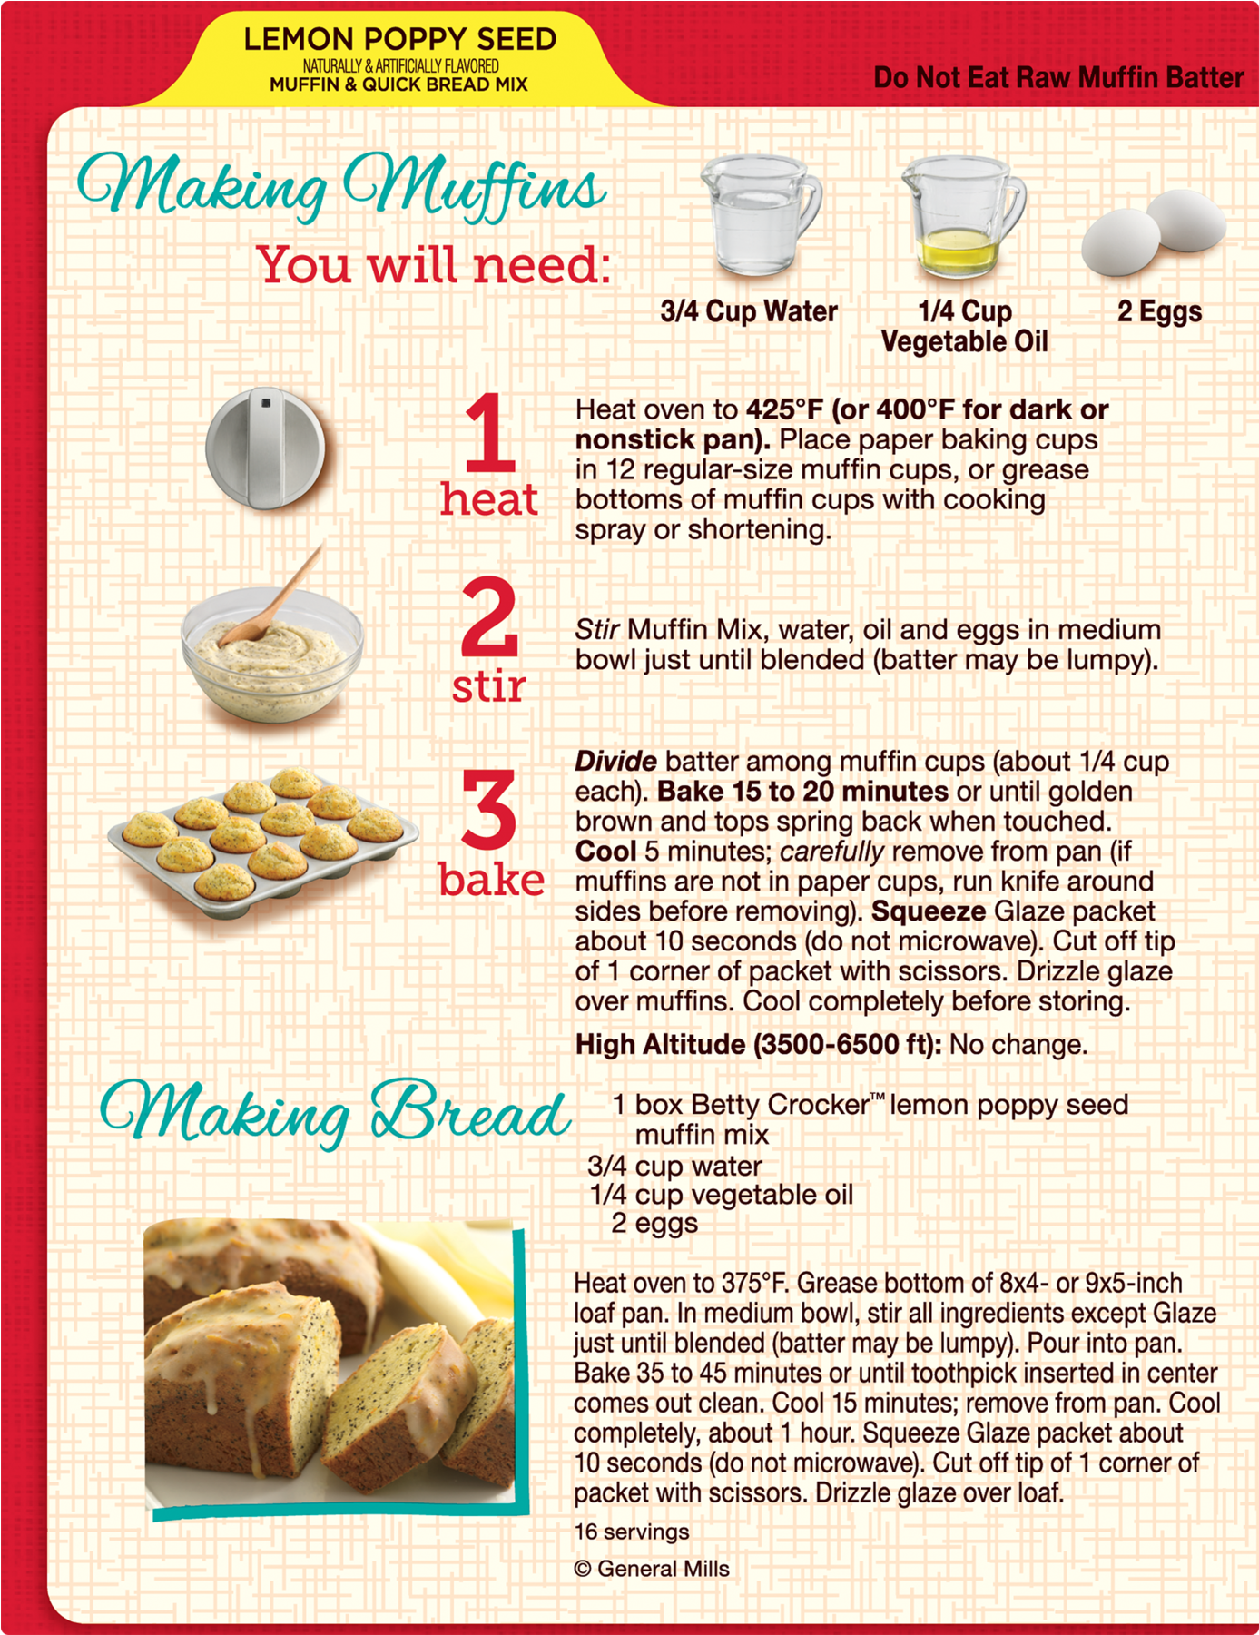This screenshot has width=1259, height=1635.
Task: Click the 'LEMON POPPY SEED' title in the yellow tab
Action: pyautogui.click(x=399, y=39)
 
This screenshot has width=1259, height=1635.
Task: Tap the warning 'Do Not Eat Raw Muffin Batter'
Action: pyautogui.click(x=1058, y=78)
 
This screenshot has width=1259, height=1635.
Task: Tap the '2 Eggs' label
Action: pyautogui.click(x=1159, y=311)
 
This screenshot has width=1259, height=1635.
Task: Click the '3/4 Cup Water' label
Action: pyautogui.click(x=749, y=311)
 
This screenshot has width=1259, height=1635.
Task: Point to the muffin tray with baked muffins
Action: pyautogui.click(x=263, y=842)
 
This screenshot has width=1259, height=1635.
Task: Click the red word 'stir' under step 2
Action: pyautogui.click(x=488, y=686)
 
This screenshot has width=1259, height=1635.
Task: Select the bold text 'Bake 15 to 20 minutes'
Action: pyautogui.click(x=802, y=792)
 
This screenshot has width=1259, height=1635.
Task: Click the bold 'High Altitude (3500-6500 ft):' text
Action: pyautogui.click(x=759, y=1045)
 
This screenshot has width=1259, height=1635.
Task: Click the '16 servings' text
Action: pyautogui.click(x=632, y=1532)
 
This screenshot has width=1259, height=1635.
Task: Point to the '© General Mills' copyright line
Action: pyautogui.click(x=652, y=1570)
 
